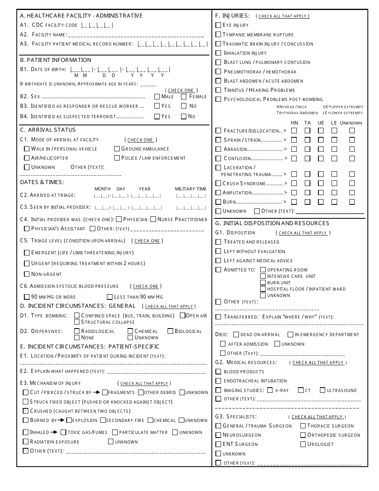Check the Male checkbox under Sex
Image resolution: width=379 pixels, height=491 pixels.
tap(157, 96)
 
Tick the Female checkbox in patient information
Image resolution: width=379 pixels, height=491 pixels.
tap(184, 96)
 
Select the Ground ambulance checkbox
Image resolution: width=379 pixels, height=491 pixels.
tap(117, 148)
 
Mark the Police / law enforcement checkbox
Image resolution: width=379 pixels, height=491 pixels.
tap(117, 158)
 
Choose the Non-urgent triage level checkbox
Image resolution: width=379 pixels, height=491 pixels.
tap(27, 274)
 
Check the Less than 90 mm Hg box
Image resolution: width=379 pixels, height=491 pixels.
tap(110, 297)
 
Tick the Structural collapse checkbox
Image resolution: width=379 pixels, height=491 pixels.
tap(77, 322)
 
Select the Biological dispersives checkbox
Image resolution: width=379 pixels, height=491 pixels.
tap(170, 331)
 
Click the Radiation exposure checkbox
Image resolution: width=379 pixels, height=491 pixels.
tap(26, 442)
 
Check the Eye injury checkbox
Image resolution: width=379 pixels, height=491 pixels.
tap(218, 25)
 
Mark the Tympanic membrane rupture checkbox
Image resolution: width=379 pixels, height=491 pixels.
tap(218, 34)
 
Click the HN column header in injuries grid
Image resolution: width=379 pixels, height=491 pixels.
tap(294, 123)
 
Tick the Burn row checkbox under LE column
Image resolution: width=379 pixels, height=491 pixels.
tap(334, 202)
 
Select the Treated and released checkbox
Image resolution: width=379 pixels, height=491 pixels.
tap(218, 242)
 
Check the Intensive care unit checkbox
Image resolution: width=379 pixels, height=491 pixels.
tap(263, 276)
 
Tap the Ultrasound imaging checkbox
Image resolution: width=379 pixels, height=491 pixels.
tap(323, 390)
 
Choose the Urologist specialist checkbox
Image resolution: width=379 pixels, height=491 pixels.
tap(303, 444)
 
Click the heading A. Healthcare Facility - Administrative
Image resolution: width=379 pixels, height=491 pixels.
tap(81, 16)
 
